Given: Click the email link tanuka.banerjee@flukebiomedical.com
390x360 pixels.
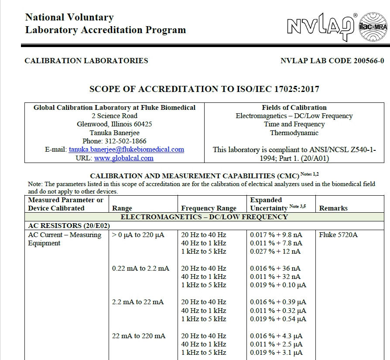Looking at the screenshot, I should (x=126, y=149).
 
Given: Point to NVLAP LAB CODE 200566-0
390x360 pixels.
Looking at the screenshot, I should (x=332, y=61).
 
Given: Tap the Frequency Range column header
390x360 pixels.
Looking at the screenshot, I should (x=209, y=208).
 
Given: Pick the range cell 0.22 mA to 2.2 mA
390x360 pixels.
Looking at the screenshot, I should (x=140, y=268).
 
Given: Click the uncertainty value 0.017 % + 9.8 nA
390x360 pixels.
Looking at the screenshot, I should (x=276, y=235).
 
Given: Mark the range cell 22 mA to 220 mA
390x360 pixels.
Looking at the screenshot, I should (x=139, y=336).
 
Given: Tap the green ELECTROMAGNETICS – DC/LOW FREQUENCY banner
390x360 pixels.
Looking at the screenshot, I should (x=204, y=217).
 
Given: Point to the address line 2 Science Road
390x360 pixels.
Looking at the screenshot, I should (x=114, y=116).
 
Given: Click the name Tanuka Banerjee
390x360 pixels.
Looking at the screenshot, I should (x=114, y=133).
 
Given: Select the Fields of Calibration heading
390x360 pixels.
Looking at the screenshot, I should (x=294, y=108).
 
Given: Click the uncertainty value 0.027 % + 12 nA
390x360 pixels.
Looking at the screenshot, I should (x=276, y=251).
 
